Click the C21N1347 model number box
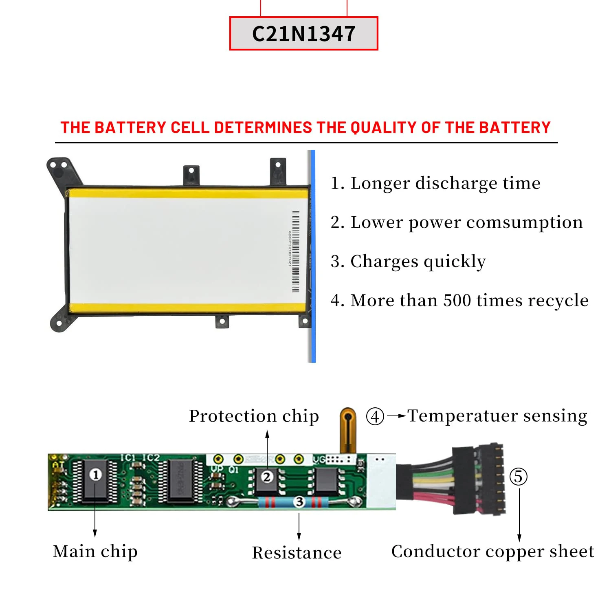pos(303,33)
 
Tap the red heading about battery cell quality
pos(305,127)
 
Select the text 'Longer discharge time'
pos(445,183)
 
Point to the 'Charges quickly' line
pos(418,262)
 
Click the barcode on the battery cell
pos(295,251)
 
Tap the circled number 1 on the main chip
pos(96,475)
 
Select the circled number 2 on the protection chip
pos(267,477)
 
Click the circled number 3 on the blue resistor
pos(299,502)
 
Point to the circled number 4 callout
pos(375,416)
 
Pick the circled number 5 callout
pos(519,477)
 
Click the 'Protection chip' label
pos(254,416)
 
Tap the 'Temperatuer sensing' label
pos(497,416)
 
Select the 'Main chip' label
pos(95,552)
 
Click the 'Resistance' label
pos(297,553)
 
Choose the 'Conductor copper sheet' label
pos(492,552)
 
